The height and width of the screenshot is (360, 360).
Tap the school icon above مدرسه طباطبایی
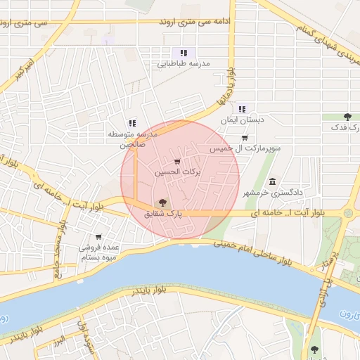click(x=184, y=53)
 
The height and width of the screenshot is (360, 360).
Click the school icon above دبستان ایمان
click(x=242, y=109)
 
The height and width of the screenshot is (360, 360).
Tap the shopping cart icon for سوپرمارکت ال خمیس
click(x=244, y=138)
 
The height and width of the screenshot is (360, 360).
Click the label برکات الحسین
click(x=177, y=172)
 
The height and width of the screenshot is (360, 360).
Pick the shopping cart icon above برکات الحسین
click(x=176, y=162)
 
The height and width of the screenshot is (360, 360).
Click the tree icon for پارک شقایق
click(x=162, y=202)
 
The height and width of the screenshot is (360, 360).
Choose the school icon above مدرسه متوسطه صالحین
click(x=131, y=123)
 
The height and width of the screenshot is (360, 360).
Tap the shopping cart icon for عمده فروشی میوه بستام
click(x=98, y=237)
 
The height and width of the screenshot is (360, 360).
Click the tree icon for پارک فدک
click(x=347, y=117)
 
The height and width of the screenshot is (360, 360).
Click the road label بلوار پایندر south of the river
click(x=145, y=290)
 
